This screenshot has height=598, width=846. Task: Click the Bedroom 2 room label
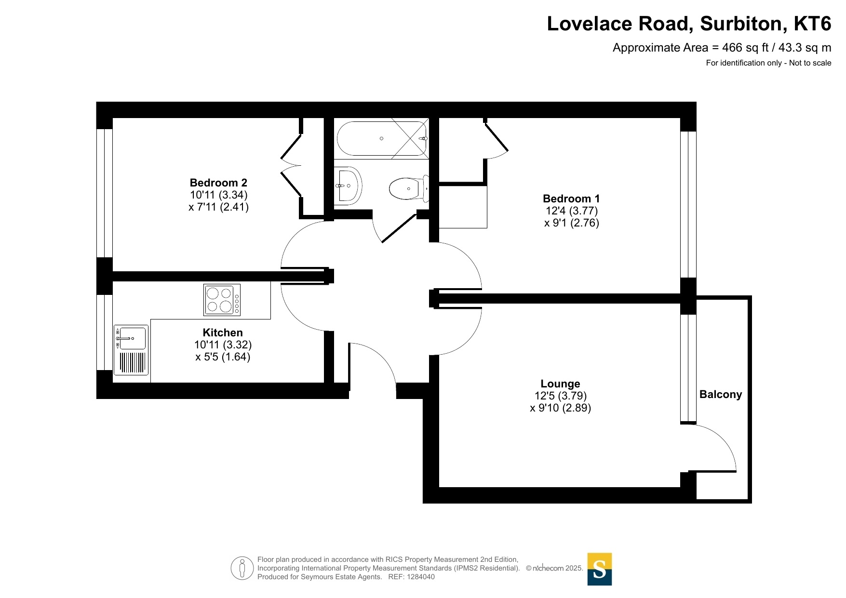(x=218, y=183)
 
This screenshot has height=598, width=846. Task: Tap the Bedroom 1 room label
(x=571, y=199)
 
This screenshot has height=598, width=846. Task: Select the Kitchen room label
(x=223, y=332)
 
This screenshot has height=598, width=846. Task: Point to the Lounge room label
(x=560, y=384)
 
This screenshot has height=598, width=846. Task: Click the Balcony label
(x=721, y=394)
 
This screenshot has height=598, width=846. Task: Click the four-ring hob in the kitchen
(x=222, y=300)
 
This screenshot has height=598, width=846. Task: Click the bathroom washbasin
(x=348, y=186)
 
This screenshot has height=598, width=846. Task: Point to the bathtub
(x=382, y=138)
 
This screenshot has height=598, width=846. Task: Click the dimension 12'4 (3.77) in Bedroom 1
(x=572, y=211)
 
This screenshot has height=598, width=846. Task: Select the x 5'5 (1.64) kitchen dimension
(x=223, y=357)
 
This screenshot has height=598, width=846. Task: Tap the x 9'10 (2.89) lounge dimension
(x=561, y=408)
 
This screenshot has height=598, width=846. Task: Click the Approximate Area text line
(x=722, y=48)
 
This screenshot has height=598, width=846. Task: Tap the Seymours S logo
(x=600, y=569)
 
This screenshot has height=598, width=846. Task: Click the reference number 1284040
(x=421, y=577)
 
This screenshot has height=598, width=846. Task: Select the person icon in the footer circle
(x=242, y=568)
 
